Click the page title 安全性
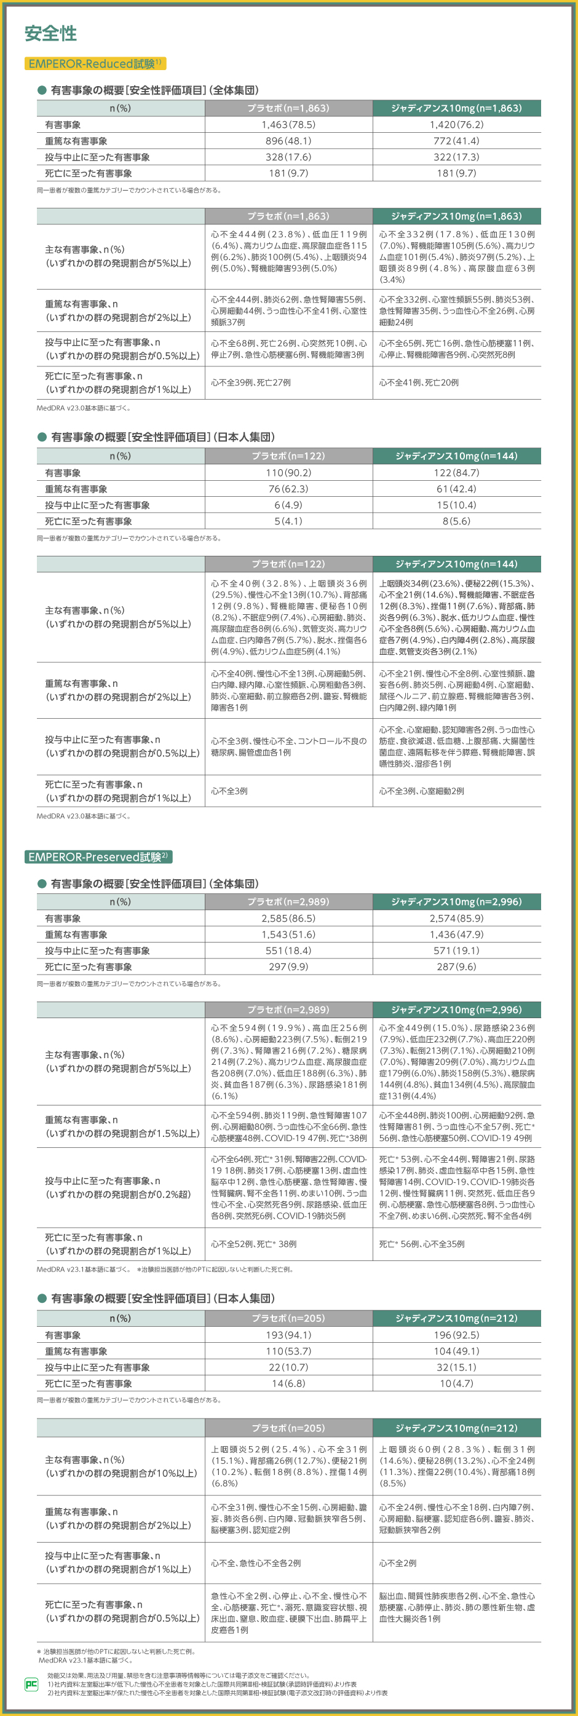50,33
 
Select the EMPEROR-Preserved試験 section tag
98,856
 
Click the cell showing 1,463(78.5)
288,125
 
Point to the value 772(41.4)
456,141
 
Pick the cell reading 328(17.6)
288,157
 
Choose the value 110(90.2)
288,472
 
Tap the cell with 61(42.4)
456,488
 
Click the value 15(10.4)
456,505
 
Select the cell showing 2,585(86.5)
288,918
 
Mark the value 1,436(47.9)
456,935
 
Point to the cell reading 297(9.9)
288,967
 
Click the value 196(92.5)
456,1335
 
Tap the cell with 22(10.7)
288,1367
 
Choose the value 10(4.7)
456,1383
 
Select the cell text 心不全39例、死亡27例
250,382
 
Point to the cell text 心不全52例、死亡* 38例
254,1244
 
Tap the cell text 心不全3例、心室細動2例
422,791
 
